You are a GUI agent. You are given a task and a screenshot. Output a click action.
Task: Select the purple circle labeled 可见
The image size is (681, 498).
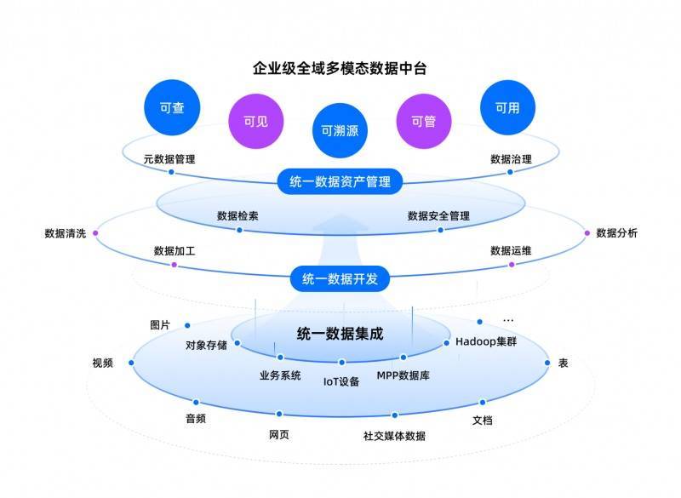pos(256,121)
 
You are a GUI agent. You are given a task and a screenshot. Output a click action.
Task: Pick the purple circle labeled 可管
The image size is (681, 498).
pos(423,121)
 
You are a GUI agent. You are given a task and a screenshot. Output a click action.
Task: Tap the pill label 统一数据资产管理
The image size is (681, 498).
pos(340,180)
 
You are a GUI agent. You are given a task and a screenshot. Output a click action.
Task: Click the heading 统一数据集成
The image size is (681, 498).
pos(340,334)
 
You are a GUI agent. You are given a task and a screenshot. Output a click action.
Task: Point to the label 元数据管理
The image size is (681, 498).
pos(169,158)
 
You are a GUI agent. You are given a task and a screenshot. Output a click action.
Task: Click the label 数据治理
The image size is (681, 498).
pos(512,158)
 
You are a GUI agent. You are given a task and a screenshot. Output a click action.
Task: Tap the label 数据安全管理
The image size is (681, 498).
pos(438,216)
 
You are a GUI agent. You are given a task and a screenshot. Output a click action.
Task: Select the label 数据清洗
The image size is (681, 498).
pos(66,233)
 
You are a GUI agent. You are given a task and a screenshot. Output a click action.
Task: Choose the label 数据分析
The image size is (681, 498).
pos(616,233)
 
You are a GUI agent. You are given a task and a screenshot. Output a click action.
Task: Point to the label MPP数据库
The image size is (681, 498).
pos(403,375)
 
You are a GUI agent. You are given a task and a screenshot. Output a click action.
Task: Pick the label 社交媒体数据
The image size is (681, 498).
pos(394,436)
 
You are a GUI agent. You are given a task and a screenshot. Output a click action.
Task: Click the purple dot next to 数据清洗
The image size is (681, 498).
pos(95,232)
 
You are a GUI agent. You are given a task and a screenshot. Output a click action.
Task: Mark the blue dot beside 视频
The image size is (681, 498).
pos(132,363)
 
